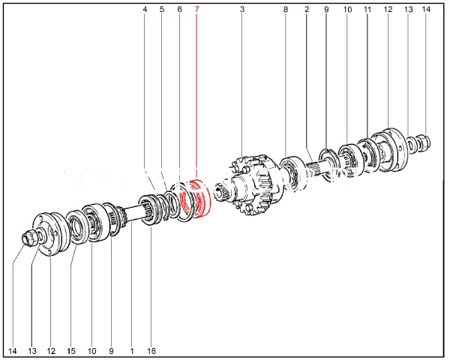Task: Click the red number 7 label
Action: [x=196, y=10]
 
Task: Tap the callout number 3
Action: [x=242, y=10]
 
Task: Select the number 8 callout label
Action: [x=285, y=10]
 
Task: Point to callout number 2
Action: [x=307, y=10]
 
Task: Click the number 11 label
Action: [x=367, y=10]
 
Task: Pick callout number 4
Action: [x=145, y=10]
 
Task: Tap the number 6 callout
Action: [x=180, y=10]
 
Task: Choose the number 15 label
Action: [x=71, y=351]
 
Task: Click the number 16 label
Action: [x=151, y=351]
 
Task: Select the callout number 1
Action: [x=132, y=351]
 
